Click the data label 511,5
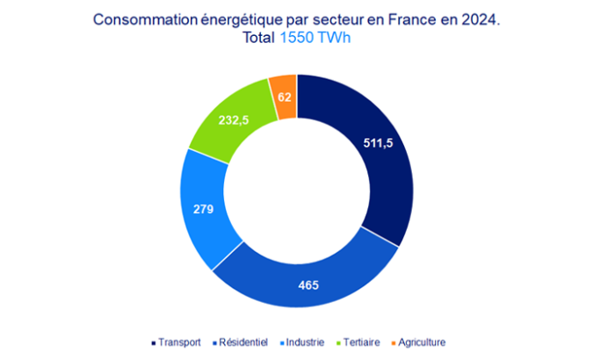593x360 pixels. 380,144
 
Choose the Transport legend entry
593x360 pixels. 177,342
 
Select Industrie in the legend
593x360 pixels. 304,342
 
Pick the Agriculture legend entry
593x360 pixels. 418,342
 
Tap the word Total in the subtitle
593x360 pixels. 259,39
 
